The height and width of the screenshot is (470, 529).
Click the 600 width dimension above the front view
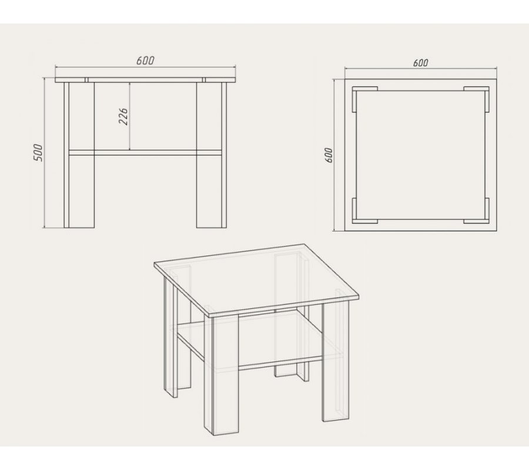tap(145, 61)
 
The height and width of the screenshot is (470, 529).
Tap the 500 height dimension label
tap(38, 153)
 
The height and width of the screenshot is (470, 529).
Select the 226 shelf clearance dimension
tap(124, 117)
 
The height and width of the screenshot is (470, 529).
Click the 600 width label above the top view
tap(420, 63)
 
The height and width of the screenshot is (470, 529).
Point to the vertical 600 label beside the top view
tap(329, 155)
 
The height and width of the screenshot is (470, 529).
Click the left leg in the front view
tap(79, 155)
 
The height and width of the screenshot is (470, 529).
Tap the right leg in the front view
tap(212, 155)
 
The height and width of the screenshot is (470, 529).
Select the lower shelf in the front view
tap(145, 153)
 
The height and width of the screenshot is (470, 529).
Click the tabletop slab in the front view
tap(145, 80)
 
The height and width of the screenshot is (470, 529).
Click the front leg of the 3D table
tap(222, 374)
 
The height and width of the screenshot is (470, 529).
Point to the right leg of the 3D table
tap(336, 361)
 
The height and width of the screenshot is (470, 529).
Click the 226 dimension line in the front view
tap(129, 116)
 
